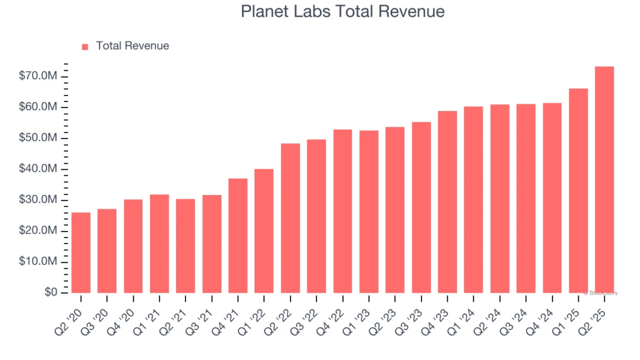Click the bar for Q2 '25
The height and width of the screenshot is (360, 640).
pos(604,180)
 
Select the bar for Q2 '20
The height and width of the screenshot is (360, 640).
pos(81,253)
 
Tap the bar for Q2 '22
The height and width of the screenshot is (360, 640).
pos(290,218)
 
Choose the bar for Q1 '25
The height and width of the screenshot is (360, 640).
pos(578,191)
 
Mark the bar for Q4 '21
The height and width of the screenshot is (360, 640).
pos(238,236)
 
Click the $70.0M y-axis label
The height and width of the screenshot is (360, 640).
pos(38,76)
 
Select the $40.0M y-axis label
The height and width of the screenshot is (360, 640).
pos(38,169)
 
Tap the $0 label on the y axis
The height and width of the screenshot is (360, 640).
pos(50,293)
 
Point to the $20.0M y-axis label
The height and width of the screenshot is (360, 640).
pos(38,231)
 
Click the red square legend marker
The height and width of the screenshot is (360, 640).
pos(85,46)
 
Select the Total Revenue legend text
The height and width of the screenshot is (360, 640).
pos(132,46)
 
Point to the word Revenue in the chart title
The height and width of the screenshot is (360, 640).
pos(415,11)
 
